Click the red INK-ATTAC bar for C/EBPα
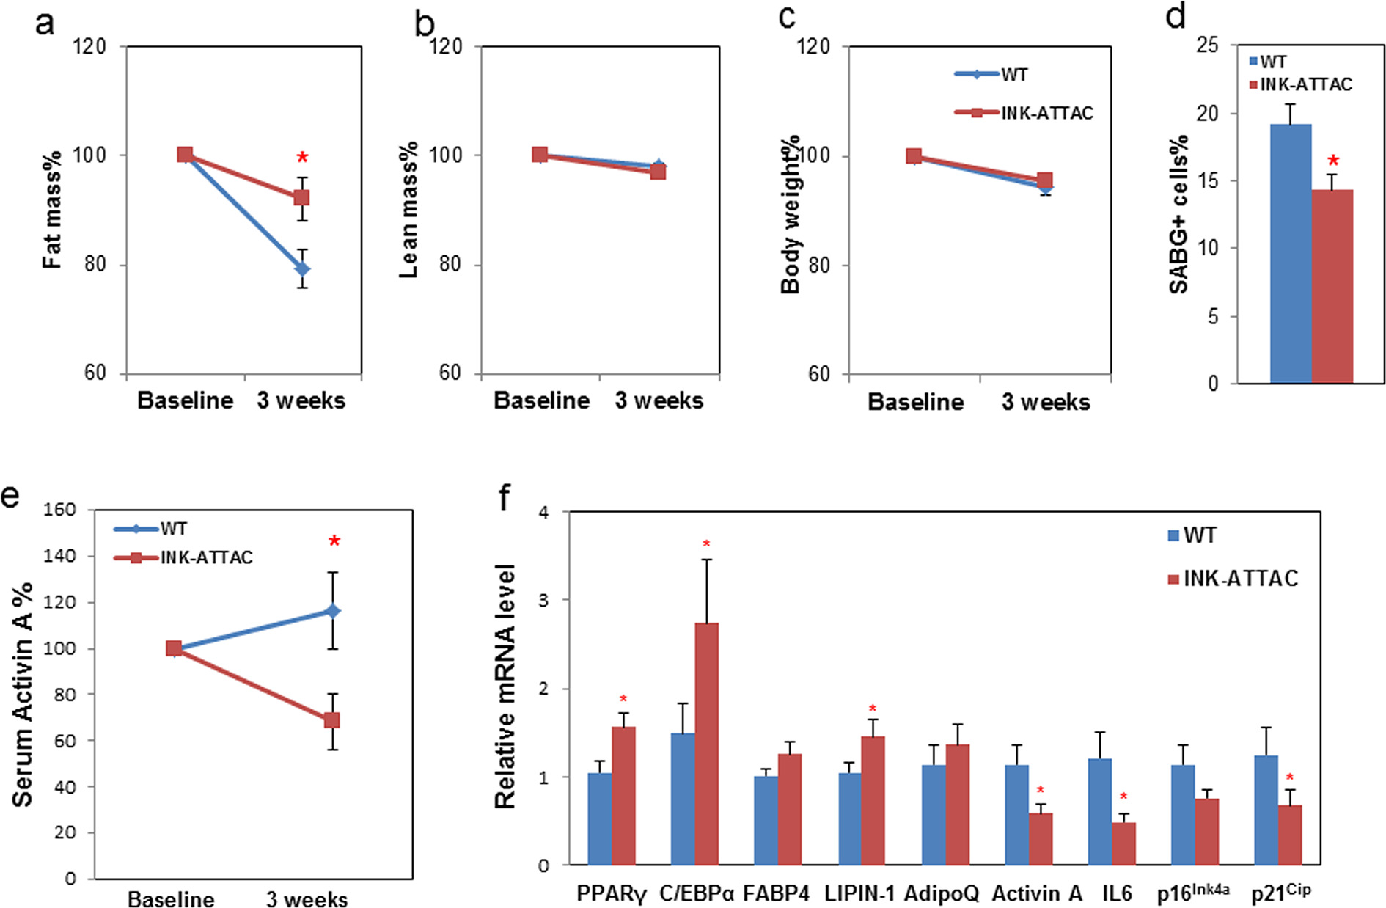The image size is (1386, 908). (707, 744)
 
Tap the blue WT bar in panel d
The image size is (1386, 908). (1290, 254)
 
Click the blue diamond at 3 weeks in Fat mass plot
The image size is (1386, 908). (302, 269)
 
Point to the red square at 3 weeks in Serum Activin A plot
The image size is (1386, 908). (332, 720)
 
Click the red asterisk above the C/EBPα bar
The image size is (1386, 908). (706, 544)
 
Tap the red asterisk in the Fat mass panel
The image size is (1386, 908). (302, 158)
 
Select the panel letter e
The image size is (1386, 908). (10, 497)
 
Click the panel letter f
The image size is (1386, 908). (505, 499)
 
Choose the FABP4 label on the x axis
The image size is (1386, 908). (777, 893)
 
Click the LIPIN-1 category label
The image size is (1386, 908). (859, 893)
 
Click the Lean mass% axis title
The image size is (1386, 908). (408, 210)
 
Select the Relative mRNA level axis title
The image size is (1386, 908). (505, 687)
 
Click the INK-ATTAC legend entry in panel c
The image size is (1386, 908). (1046, 113)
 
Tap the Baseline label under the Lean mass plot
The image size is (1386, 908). (541, 400)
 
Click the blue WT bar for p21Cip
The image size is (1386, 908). (1266, 810)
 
